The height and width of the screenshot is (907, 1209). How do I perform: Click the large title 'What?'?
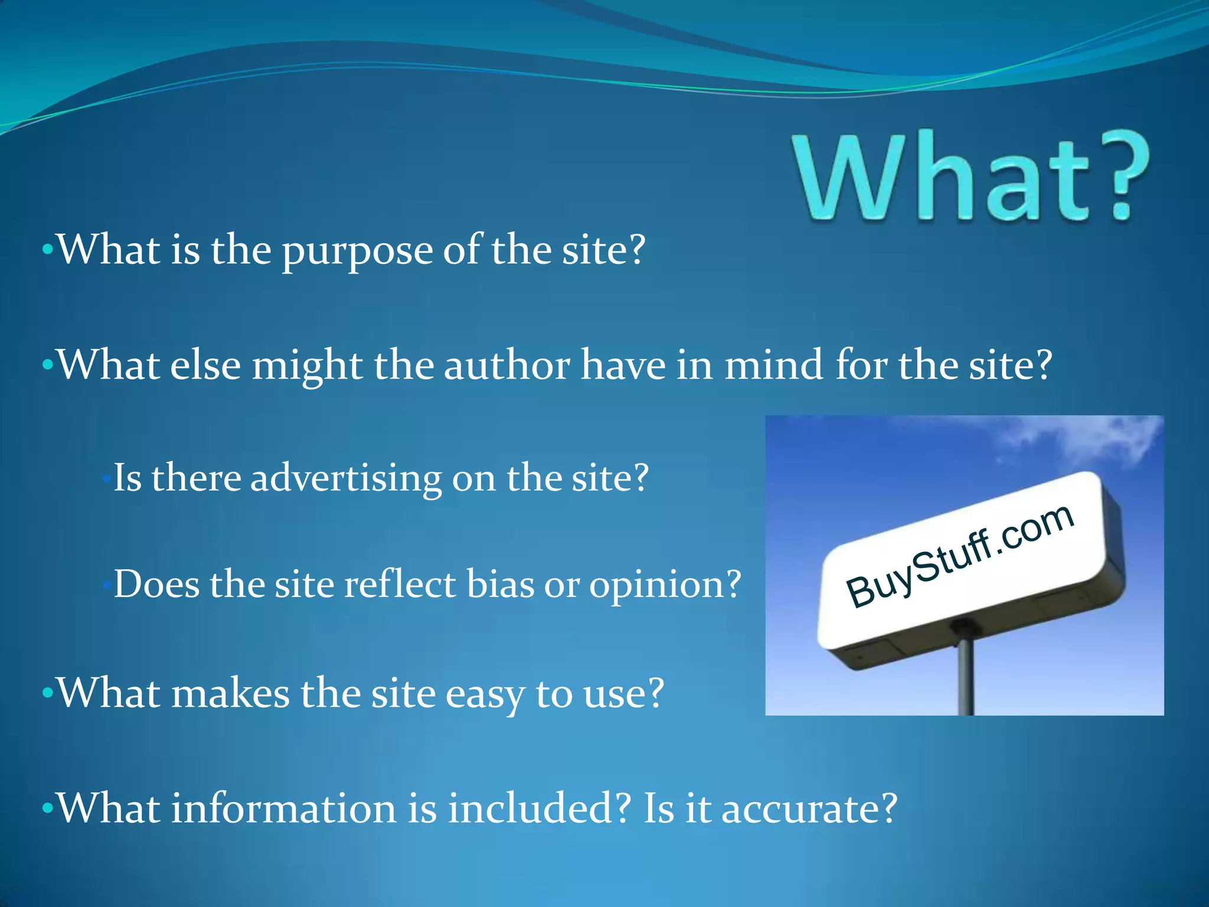pos(971,177)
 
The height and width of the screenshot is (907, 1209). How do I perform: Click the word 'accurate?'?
pos(809,809)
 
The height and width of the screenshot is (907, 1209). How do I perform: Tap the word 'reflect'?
pos(400,584)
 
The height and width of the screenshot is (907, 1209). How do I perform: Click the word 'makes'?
pos(230,693)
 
